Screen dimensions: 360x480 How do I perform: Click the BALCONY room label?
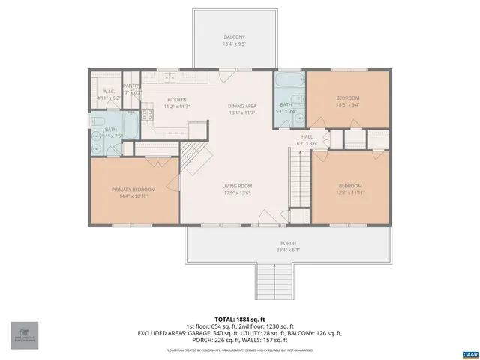[234, 37]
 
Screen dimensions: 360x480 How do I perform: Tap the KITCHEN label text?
[177, 100]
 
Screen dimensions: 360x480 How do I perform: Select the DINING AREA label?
[242, 106]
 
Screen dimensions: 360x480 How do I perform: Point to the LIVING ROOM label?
[236, 186]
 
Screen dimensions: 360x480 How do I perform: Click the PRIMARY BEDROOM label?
[133, 190]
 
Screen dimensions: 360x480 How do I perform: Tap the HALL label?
[306, 136]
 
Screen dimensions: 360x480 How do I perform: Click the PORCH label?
[288, 243]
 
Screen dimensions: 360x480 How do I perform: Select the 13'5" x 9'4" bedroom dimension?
[348, 106]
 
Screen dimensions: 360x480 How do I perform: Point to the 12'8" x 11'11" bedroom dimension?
[349, 193]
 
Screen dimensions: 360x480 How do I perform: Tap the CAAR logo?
[470, 352]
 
